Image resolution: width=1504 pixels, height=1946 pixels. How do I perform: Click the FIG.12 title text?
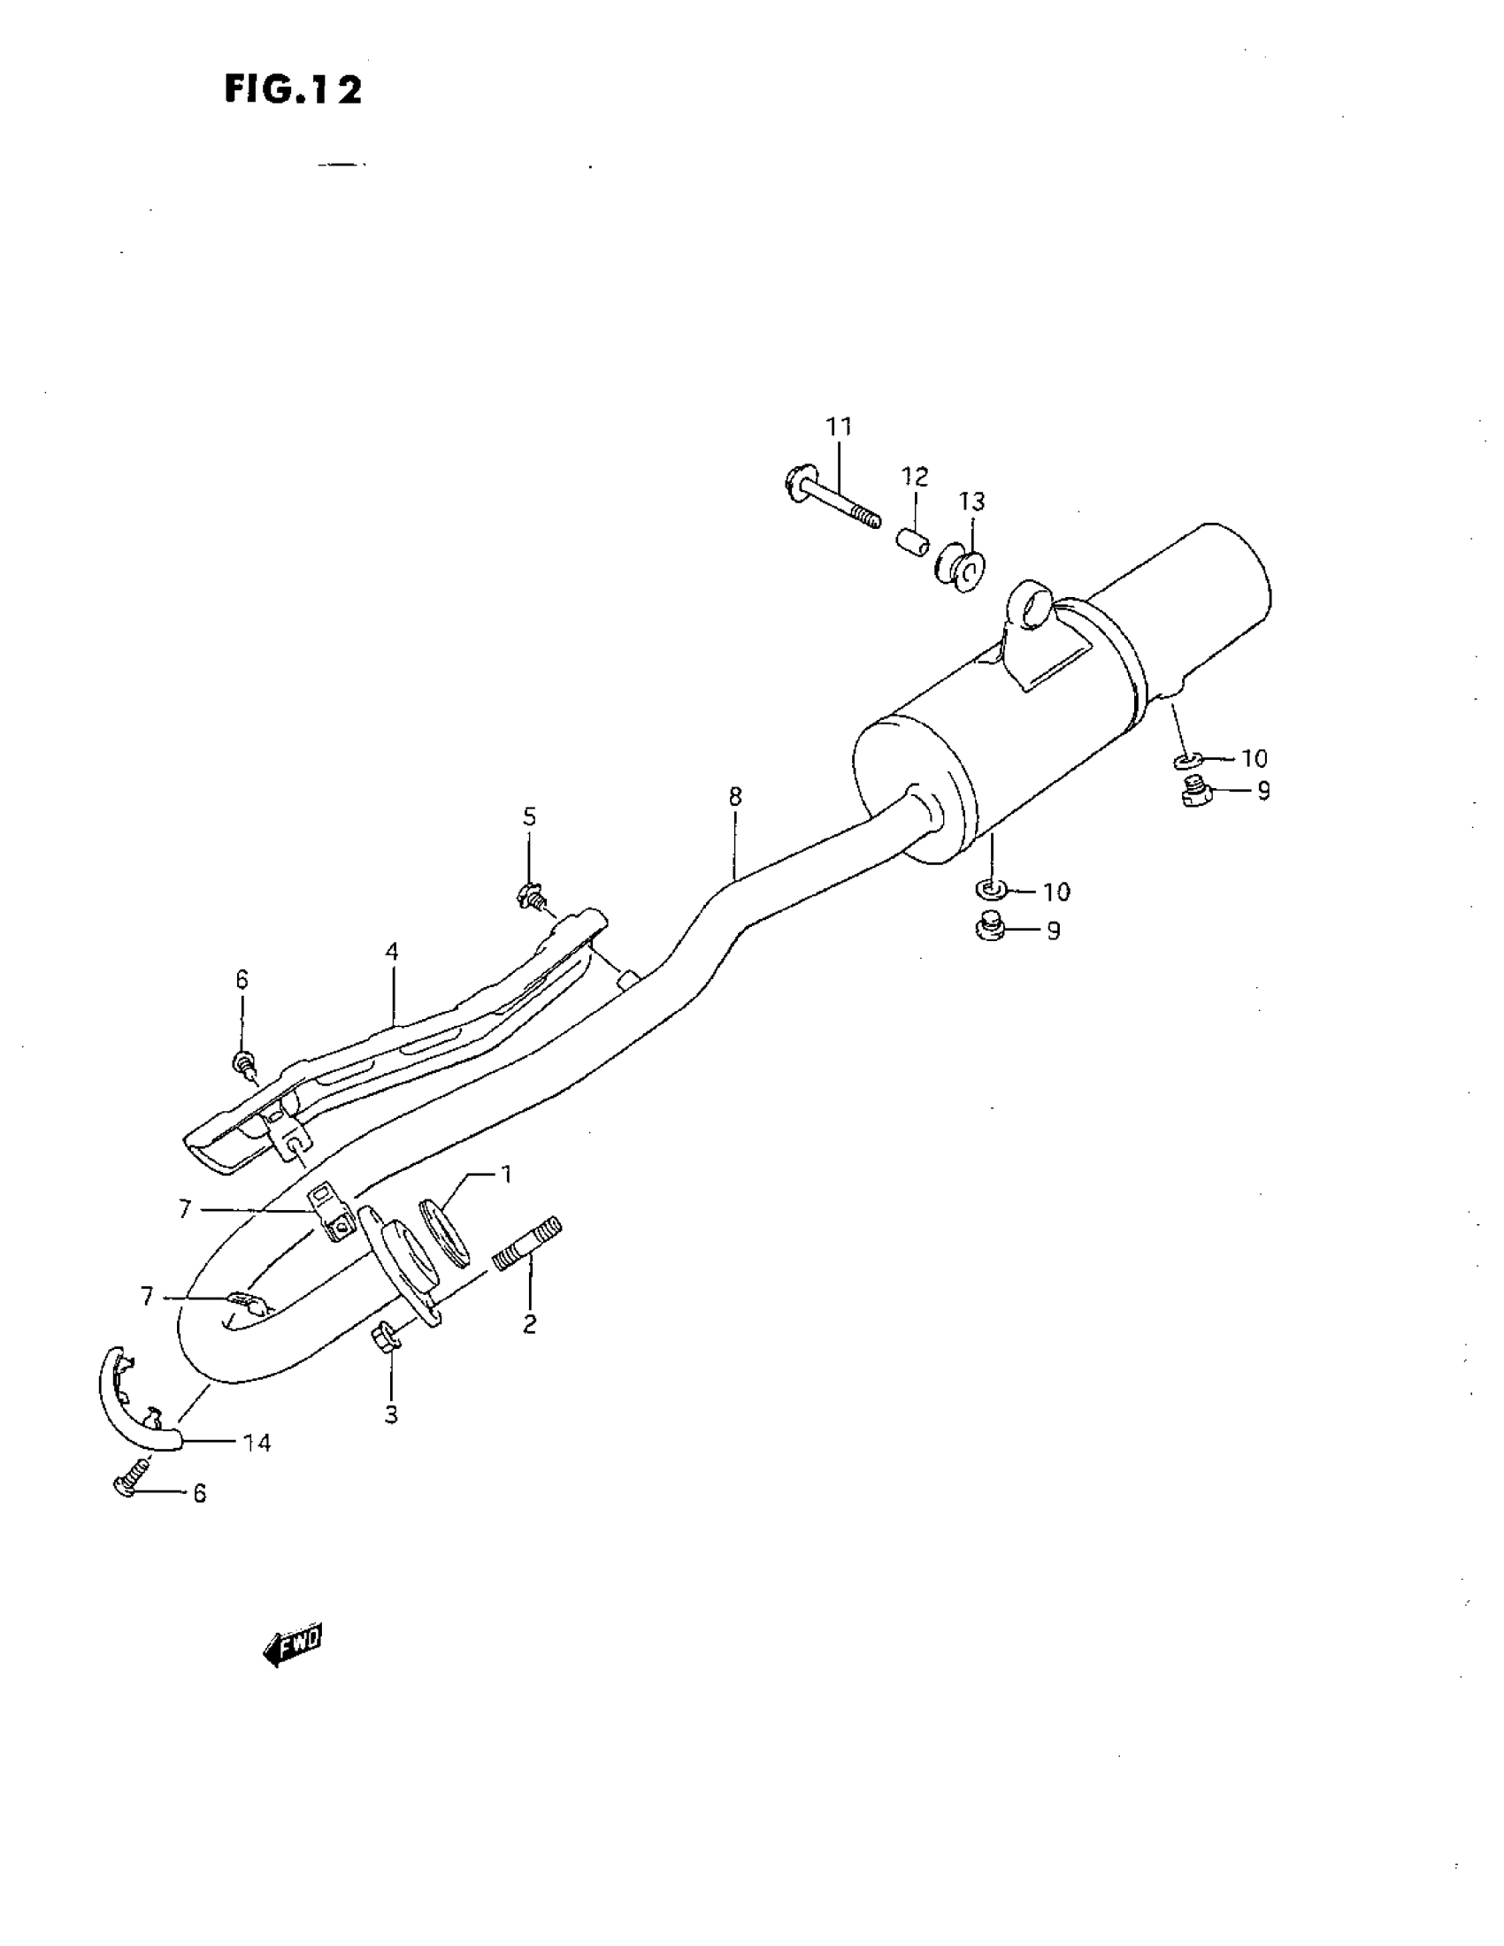click(x=293, y=89)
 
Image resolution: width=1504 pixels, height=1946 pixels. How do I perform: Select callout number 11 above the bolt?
click(x=839, y=427)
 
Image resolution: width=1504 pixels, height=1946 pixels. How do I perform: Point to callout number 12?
click(x=914, y=477)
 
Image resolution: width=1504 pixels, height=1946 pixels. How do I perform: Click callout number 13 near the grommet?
click(x=972, y=502)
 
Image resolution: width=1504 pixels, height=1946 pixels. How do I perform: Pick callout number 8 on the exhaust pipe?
click(x=734, y=797)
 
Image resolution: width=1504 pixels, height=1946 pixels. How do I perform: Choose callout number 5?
click(x=529, y=816)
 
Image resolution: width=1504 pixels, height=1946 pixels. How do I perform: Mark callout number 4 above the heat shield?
click(x=392, y=952)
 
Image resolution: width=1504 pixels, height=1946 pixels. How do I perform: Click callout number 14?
click(x=257, y=1443)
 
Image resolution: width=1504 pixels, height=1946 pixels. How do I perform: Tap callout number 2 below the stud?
click(x=529, y=1325)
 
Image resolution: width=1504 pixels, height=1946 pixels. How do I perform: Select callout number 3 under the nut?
click(x=391, y=1414)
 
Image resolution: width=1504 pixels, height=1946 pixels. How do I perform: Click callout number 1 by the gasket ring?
click(x=505, y=1176)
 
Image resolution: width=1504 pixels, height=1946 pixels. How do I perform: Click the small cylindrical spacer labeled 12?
click(x=912, y=540)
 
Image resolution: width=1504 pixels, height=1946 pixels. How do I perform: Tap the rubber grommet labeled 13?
click(x=960, y=568)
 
